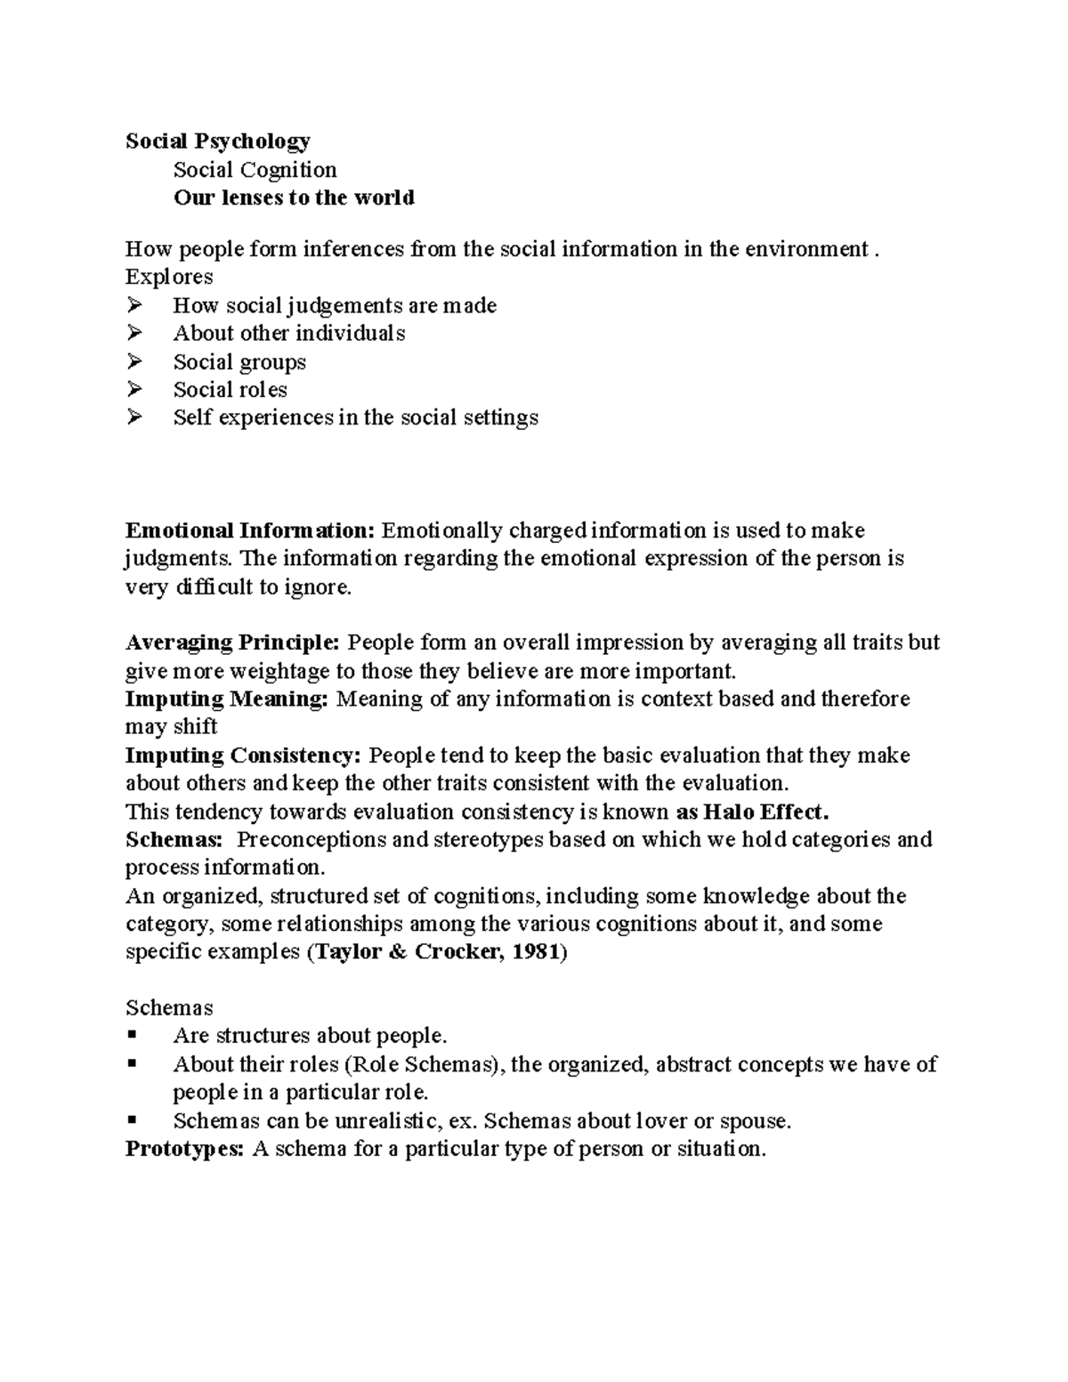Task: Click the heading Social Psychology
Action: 217,141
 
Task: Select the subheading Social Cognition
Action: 255,170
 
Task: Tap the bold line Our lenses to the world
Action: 294,198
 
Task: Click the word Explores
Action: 169,277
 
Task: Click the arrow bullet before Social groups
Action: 134,361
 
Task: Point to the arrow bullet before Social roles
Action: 134,389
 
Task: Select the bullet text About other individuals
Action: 289,334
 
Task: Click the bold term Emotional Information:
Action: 250,531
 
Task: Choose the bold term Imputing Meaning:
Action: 227,699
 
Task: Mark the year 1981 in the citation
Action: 537,952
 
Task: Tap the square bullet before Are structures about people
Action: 133,1036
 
